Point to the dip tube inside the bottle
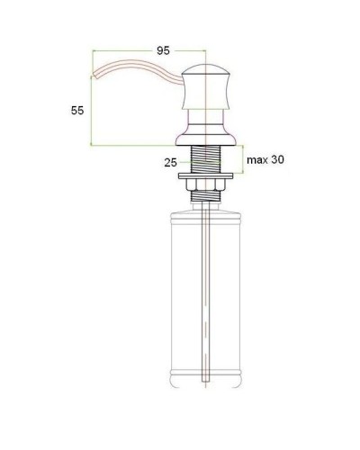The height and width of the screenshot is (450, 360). [209, 297]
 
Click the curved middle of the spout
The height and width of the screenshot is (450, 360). [135, 76]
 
